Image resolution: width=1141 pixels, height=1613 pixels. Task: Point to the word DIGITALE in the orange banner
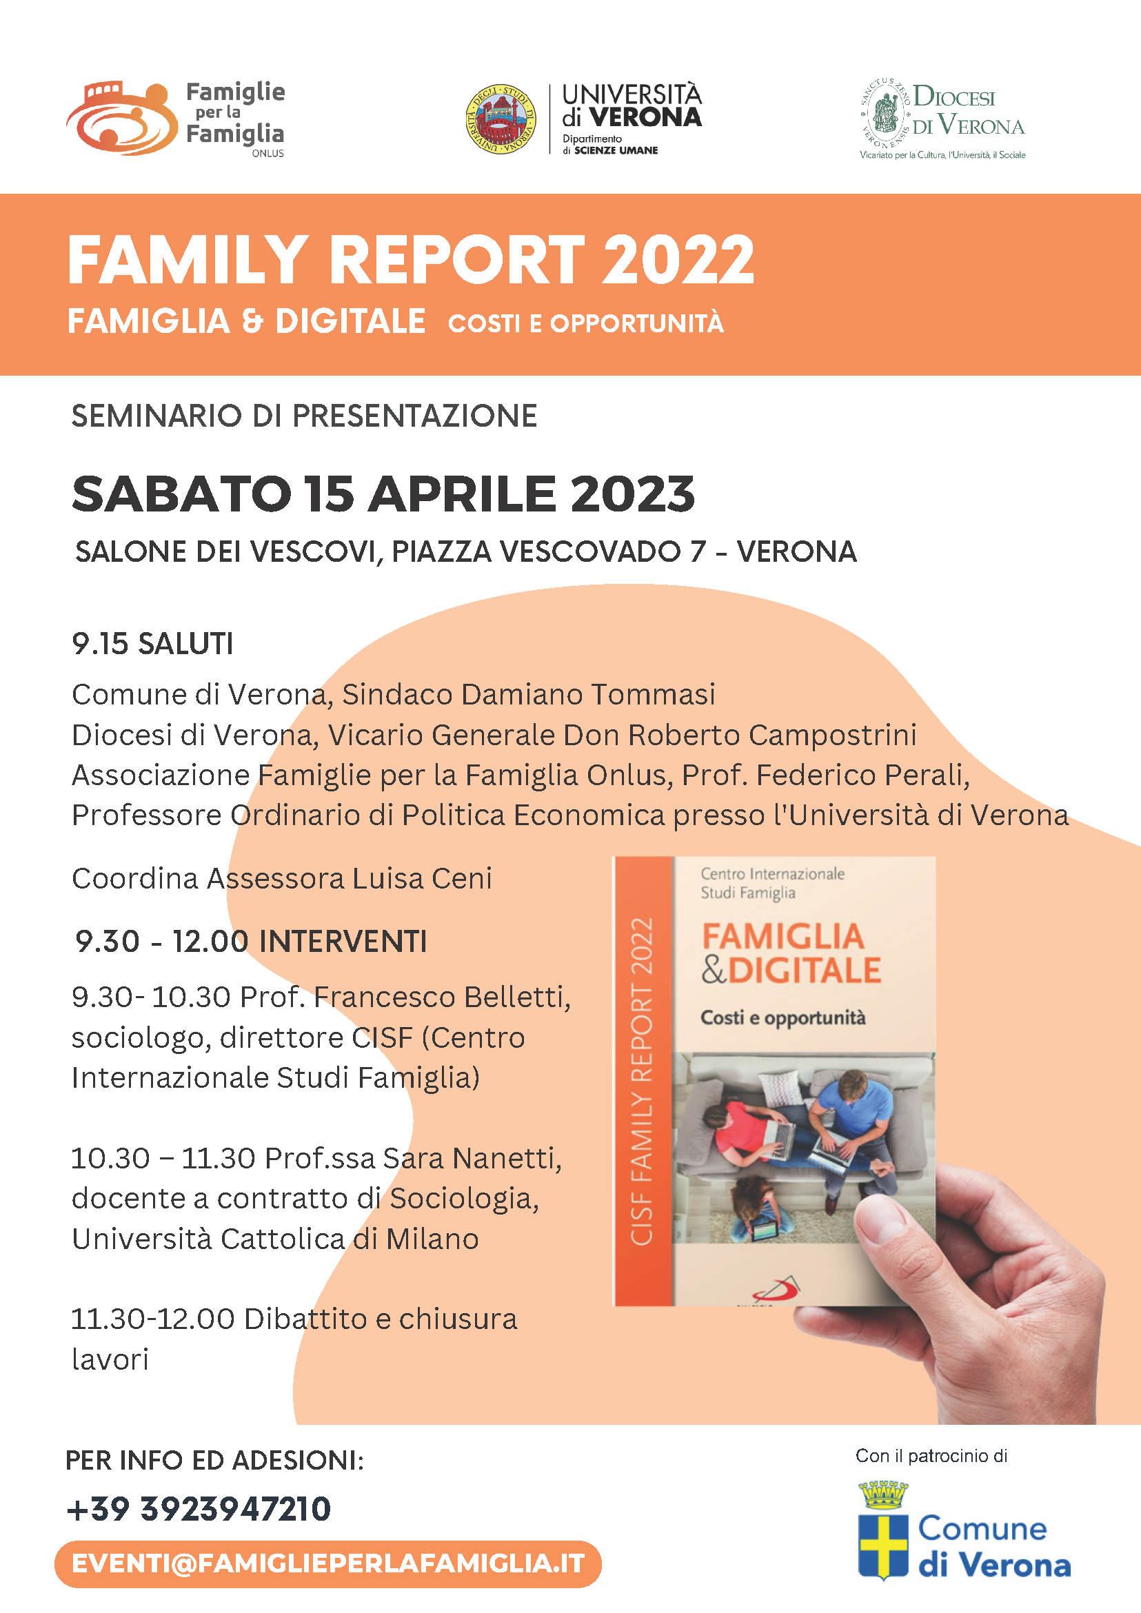350,322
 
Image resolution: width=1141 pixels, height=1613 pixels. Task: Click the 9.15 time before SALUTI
100,645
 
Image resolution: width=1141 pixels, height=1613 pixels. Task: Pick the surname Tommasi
653,695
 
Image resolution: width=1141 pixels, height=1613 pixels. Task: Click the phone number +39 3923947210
199,1509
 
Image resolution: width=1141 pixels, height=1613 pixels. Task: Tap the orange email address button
327,1564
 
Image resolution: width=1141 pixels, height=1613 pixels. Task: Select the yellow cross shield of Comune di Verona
883,1545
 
